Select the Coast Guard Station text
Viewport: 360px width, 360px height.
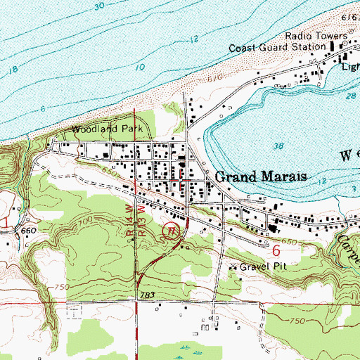[276, 48]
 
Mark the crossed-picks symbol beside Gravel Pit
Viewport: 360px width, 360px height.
[235, 267]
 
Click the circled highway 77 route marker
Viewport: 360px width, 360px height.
[170, 229]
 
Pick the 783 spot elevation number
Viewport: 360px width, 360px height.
[147, 294]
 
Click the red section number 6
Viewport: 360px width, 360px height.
[276, 250]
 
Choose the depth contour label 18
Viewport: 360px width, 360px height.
[12, 71]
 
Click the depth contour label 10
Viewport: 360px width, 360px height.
[141, 66]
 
